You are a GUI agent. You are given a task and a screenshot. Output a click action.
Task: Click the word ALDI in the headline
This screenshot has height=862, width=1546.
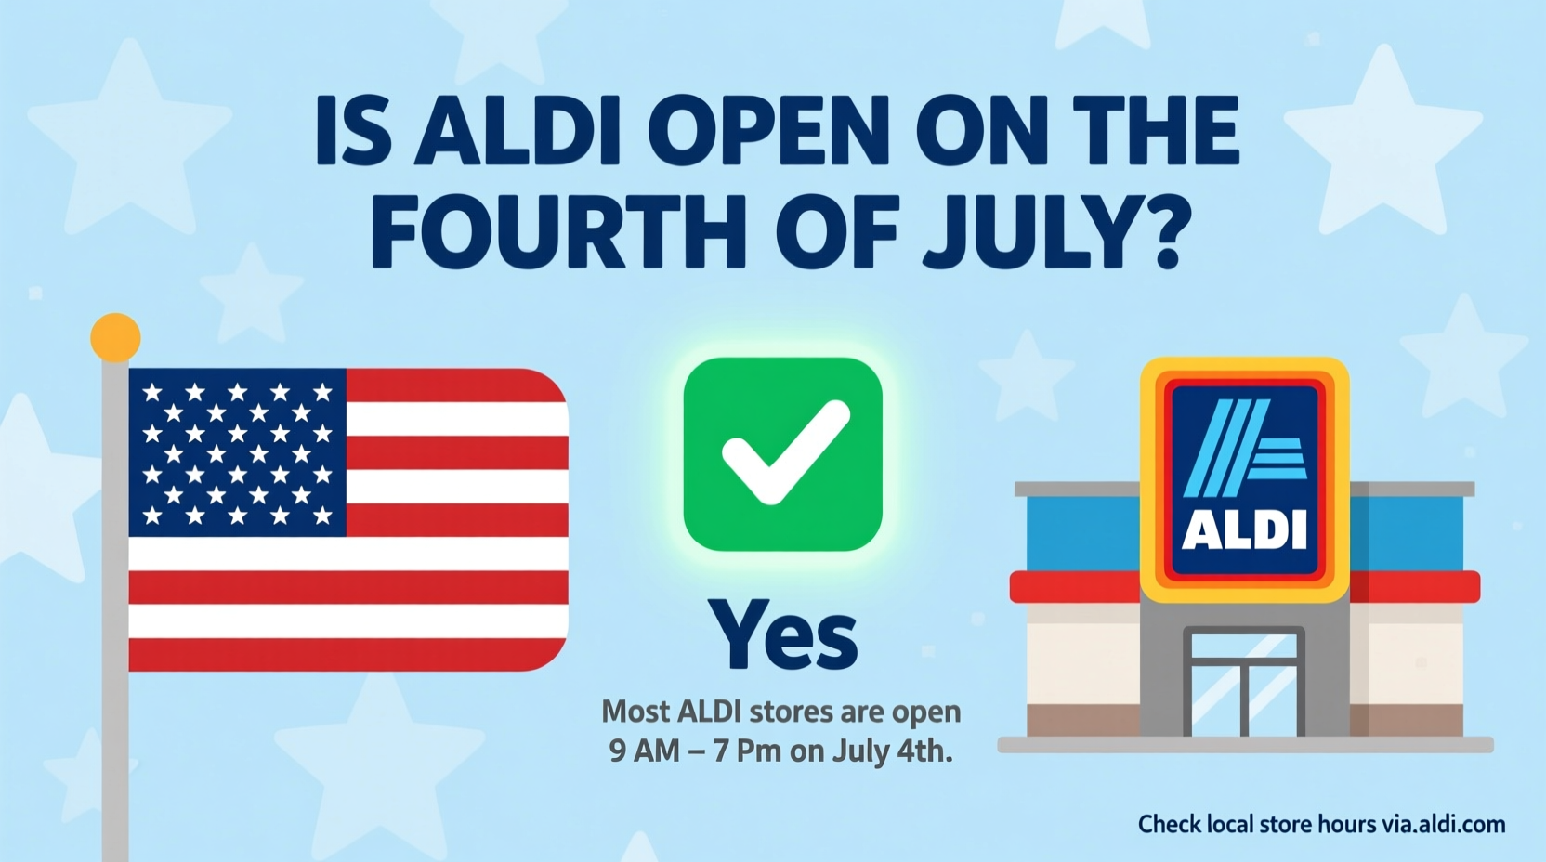(518, 132)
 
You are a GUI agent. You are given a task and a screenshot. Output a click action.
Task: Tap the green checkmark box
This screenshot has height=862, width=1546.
(782, 454)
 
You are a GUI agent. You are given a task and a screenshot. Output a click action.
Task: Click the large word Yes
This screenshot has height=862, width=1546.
(782, 635)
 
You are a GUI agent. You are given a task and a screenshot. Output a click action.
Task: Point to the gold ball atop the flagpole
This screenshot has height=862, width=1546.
(115, 336)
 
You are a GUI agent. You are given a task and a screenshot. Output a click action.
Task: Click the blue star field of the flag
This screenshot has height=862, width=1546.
(237, 452)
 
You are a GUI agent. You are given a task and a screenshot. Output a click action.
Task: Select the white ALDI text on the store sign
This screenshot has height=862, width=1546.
(1244, 529)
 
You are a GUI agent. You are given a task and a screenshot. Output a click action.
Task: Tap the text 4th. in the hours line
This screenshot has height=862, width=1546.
(924, 751)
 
